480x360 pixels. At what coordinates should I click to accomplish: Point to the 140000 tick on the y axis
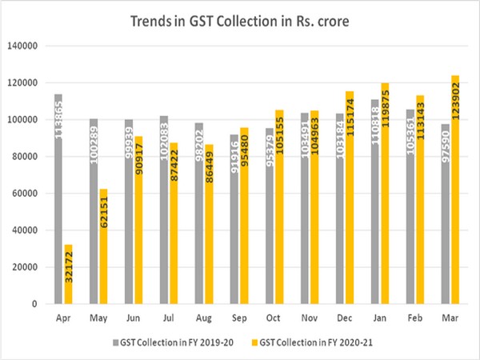pyautogui.click(x=24, y=46)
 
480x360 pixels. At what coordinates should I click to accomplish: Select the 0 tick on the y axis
pyautogui.click(x=36, y=304)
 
